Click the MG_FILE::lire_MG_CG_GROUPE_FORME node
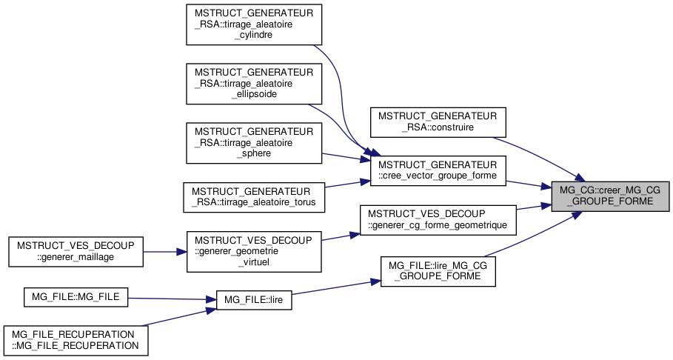[438, 271]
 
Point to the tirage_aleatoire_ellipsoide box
[254, 84]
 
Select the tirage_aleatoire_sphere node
[254, 143]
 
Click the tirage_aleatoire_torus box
[254, 196]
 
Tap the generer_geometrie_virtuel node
[254, 251]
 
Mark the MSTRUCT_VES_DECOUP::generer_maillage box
[75, 251]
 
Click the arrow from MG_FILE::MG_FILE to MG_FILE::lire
[170, 299]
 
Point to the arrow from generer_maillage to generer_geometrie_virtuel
[164, 251]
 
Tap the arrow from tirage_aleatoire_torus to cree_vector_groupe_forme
[348, 184]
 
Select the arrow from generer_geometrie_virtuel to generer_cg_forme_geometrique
[340, 236]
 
